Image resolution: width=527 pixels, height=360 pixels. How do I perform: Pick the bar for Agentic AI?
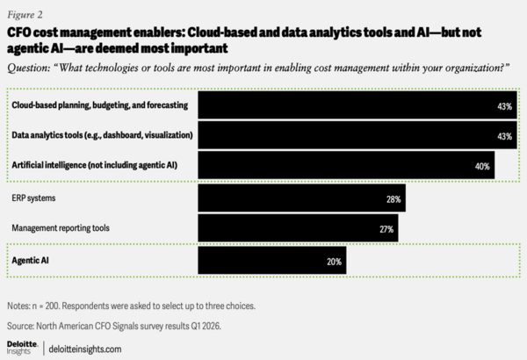click(272, 260)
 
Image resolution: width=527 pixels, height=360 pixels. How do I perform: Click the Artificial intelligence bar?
click(347, 164)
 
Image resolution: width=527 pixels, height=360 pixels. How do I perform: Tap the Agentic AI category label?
click(31, 260)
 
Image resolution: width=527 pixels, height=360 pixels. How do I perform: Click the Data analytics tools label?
click(102, 136)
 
